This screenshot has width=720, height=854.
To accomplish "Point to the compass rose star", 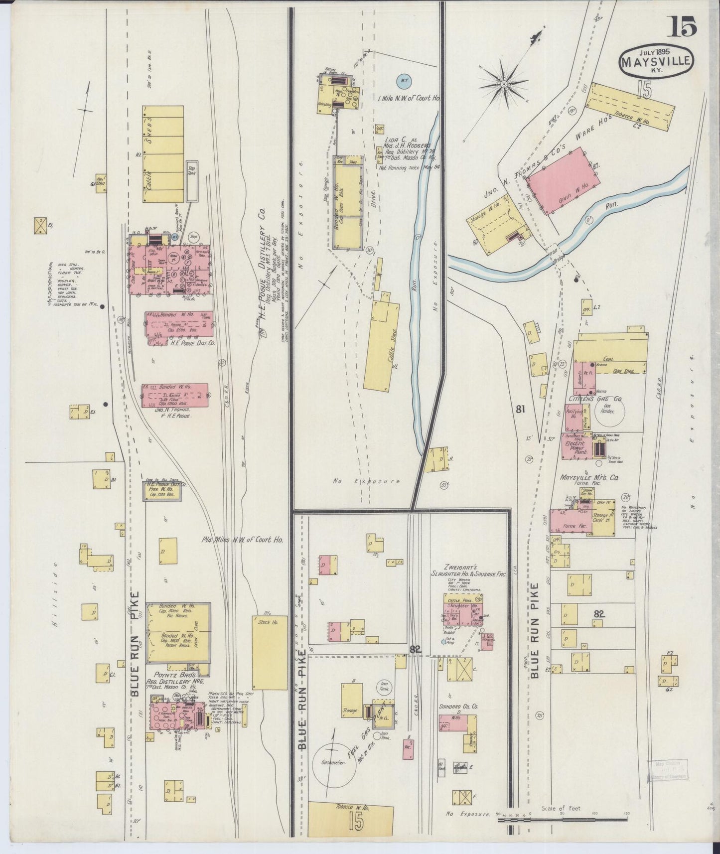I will [x=504, y=84].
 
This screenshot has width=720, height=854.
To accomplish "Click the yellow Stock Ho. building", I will [x=270, y=653].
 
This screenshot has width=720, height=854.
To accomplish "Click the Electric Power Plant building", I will [x=578, y=447].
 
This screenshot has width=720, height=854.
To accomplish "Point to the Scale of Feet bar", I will [x=563, y=817].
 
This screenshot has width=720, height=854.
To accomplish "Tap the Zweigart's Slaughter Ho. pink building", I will [x=463, y=612].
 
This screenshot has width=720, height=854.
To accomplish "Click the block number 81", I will [x=507, y=410].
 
